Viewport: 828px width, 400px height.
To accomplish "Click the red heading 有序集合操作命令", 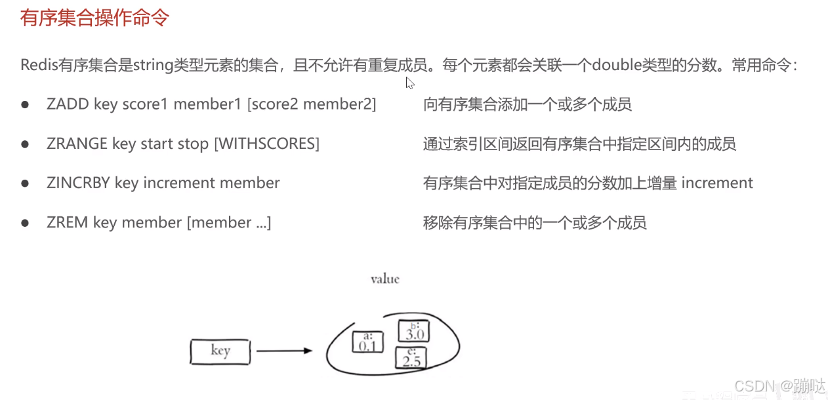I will tap(94, 18).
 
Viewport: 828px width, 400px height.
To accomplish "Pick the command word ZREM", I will tap(68, 222).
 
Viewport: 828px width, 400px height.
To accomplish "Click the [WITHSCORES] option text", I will tap(267, 144).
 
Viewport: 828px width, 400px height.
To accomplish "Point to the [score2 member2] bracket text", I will tap(312, 104).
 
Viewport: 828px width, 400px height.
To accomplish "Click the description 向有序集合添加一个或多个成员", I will tap(528, 104).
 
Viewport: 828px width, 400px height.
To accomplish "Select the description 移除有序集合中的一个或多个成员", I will tap(535, 223).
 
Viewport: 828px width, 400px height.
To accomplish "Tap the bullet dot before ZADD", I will tap(26, 105).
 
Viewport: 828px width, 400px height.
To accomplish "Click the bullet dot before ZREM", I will tap(26, 223).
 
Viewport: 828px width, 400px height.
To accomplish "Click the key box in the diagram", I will tap(220, 351).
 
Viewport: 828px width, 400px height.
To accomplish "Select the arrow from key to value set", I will tap(283, 351).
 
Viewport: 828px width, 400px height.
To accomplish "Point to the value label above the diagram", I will tap(384, 279).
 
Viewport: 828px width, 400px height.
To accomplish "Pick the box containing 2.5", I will tap(411, 358).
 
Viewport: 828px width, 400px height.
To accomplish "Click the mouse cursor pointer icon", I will tap(409, 83).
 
